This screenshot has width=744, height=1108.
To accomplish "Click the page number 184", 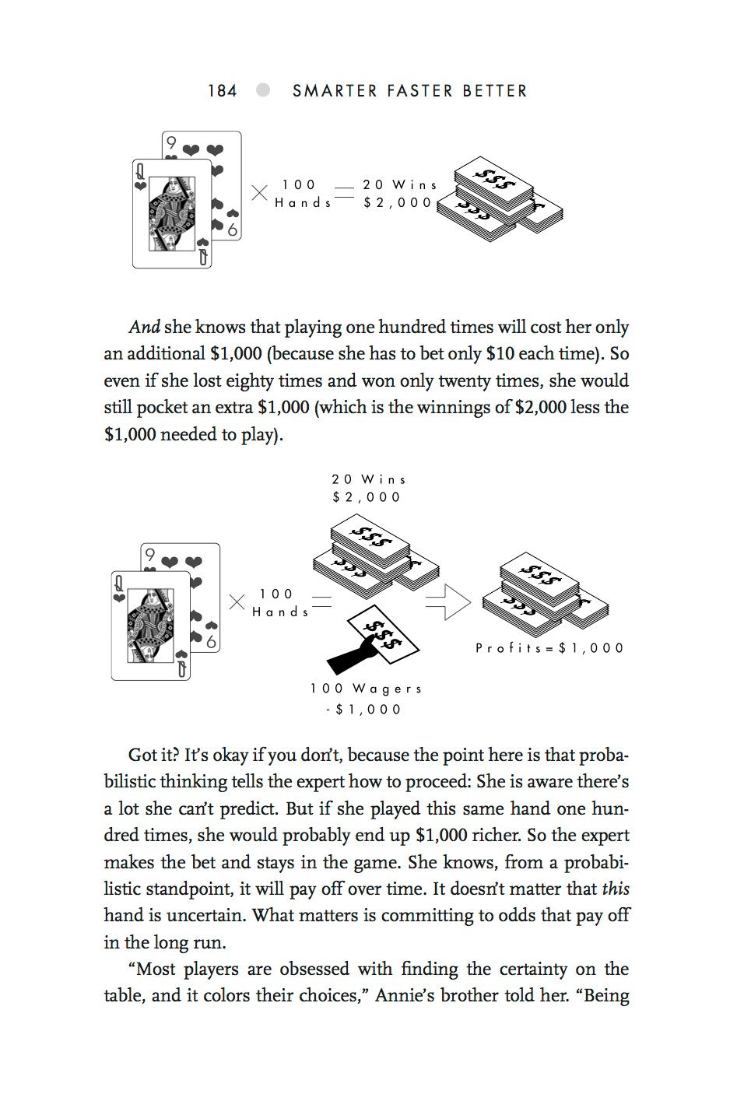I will [222, 91].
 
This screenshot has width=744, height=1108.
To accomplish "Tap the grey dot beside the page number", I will [264, 90].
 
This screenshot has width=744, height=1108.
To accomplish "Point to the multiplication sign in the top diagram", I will [259, 193].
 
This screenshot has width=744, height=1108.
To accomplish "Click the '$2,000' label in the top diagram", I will [397, 202].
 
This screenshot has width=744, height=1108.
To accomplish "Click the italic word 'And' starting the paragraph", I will [144, 328].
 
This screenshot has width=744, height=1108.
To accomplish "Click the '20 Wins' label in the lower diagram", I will [369, 479].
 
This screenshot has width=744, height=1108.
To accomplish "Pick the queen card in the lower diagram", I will [150, 625].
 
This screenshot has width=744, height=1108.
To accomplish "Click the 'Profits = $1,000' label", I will [549, 647].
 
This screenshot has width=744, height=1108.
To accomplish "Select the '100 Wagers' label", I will [366, 689].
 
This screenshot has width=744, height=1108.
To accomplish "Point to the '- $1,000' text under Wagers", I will [364, 709].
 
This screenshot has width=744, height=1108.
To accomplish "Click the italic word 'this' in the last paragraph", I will [616, 889].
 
